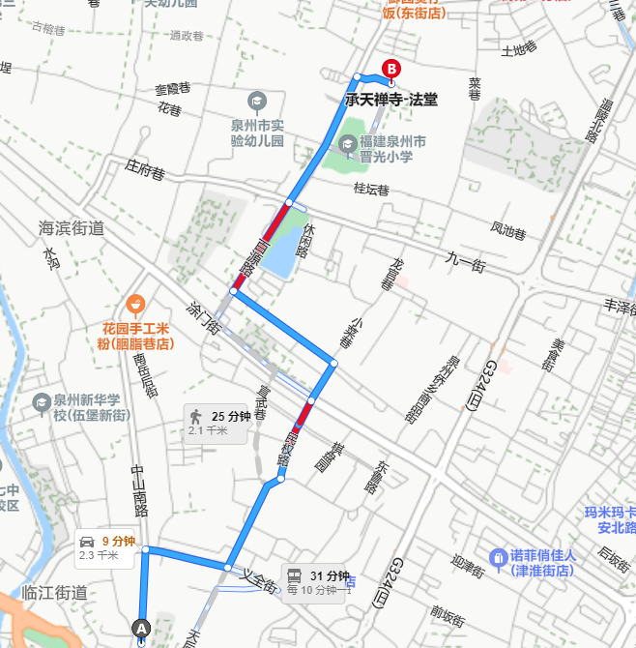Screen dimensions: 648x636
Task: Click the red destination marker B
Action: pos(391,69)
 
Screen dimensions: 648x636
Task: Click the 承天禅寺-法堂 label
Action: pos(390,99)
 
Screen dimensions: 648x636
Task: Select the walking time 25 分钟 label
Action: pos(230,417)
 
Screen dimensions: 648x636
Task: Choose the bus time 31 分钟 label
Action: pos(329,576)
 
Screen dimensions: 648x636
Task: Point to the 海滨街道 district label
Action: pos(71,229)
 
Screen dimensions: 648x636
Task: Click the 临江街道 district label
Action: pos(54,593)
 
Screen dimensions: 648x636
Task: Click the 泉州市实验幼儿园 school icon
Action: pos(257,101)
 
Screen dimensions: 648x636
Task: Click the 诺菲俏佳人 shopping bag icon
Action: pos(498,556)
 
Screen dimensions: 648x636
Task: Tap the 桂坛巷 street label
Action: pos(371,189)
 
